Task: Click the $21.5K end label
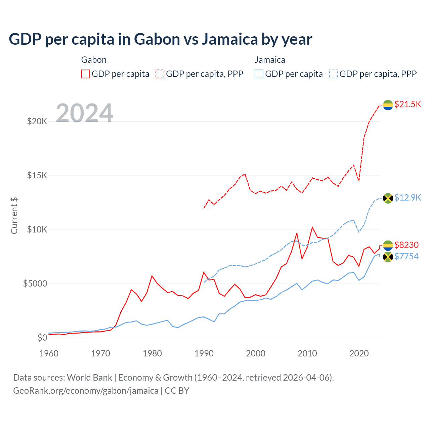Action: (407, 104)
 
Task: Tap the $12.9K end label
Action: (407, 198)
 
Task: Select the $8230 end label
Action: (406, 245)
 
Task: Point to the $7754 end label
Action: (406, 257)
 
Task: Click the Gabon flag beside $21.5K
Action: (388, 105)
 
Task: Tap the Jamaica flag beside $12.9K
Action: (388, 198)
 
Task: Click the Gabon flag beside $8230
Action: (388, 246)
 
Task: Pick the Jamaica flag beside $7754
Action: (388, 257)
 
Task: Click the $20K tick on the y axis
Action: (37, 122)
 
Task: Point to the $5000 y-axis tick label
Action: (35, 284)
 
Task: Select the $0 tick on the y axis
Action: (42, 338)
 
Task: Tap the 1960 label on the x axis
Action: (49, 353)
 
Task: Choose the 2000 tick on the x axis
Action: (256, 353)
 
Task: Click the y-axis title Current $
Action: (14, 215)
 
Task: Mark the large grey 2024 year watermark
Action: (84, 113)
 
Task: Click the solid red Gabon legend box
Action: (86, 74)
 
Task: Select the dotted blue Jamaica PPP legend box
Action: (334, 74)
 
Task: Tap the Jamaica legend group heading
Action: (270, 60)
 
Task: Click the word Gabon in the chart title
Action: (157, 39)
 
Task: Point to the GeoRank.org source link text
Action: (86, 391)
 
